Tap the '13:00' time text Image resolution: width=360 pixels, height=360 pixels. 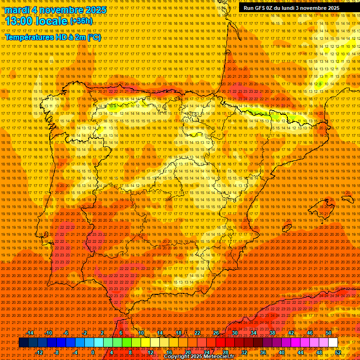click(19, 21)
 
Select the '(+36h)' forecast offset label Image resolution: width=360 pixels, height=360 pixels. click(81, 21)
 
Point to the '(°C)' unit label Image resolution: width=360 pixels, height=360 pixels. click(94, 37)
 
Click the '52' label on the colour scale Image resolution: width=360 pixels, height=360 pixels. click(338, 352)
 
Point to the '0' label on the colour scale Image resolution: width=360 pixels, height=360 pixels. click(93, 352)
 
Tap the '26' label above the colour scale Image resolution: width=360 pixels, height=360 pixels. click(216, 333)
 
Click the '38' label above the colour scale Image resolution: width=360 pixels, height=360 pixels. click(272, 333)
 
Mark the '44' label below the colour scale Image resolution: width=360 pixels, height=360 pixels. click(300, 352)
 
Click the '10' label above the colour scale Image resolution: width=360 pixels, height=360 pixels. click(141, 333)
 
